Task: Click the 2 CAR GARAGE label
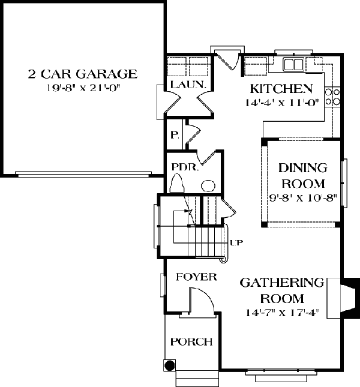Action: click(x=82, y=74)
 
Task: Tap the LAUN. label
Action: click(x=188, y=85)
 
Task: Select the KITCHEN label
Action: click(x=281, y=89)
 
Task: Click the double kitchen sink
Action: click(x=293, y=64)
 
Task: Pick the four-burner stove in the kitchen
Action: click(x=332, y=97)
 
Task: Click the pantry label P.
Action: click(x=175, y=135)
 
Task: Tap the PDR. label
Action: click(x=185, y=167)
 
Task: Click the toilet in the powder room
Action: click(x=177, y=183)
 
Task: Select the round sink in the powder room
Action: click(x=208, y=185)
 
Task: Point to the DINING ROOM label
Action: click(x=303, y=176)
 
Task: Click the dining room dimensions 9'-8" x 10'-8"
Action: click(x=303, y=198)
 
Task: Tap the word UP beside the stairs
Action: click(x=236, y=243)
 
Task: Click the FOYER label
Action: click(x=196, y=277)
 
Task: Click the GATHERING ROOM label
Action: click(x=282, y=290)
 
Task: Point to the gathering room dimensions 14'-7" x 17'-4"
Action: click(x=283, y=313)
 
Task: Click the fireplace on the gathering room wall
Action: click(x=343, y=298)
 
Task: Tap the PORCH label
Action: click(x=191, y=342)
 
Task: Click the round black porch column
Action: click(x=170, y=365)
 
